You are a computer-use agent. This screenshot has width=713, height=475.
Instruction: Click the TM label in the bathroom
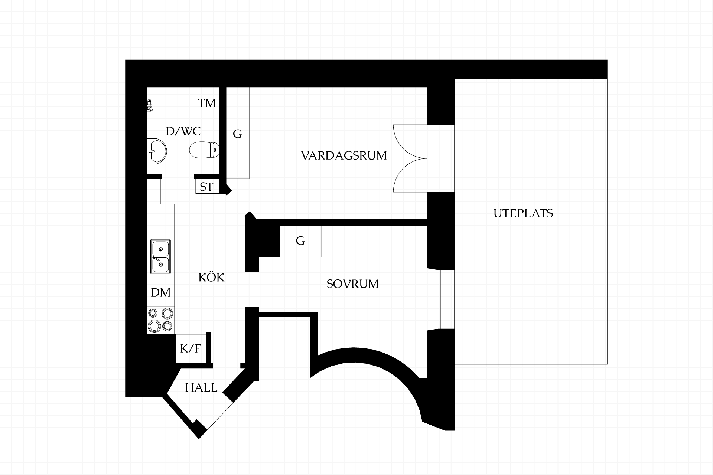(x=207, y=103)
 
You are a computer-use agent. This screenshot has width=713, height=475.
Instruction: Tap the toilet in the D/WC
(x=204, y=150)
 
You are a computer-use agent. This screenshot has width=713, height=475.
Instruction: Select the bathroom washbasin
(x=157, y=151)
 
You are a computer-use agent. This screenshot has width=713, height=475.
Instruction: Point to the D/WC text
(x=183, y=131)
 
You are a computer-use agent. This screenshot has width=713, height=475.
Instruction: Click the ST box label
(x=206, y=187)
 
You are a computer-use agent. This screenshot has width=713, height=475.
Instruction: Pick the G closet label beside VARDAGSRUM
(x=237, y=134)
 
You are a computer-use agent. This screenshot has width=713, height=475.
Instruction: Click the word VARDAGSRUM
(x=344, y=155)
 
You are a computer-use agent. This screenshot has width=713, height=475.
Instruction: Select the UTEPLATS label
(x=523, y=213)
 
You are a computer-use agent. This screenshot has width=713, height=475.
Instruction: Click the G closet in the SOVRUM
(x=300, y=241)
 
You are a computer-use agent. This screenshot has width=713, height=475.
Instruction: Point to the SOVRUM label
(x=353, y=284)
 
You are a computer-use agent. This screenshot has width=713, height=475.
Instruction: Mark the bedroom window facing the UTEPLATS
(x=441, y=299)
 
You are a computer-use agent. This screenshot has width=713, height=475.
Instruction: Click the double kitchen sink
(x=161, y=256)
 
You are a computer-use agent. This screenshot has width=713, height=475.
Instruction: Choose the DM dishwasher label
(x=161, y=292)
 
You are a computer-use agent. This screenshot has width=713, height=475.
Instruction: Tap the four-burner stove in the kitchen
(x=161, y=320)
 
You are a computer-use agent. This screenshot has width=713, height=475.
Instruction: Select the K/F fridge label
(x=191, y=348)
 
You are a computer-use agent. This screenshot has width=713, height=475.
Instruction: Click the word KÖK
(x=212, y=277)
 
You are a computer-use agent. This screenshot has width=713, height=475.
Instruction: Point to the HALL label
(x=201, y=388)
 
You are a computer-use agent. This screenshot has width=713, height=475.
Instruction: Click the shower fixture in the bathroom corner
(x=150, y=105)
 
